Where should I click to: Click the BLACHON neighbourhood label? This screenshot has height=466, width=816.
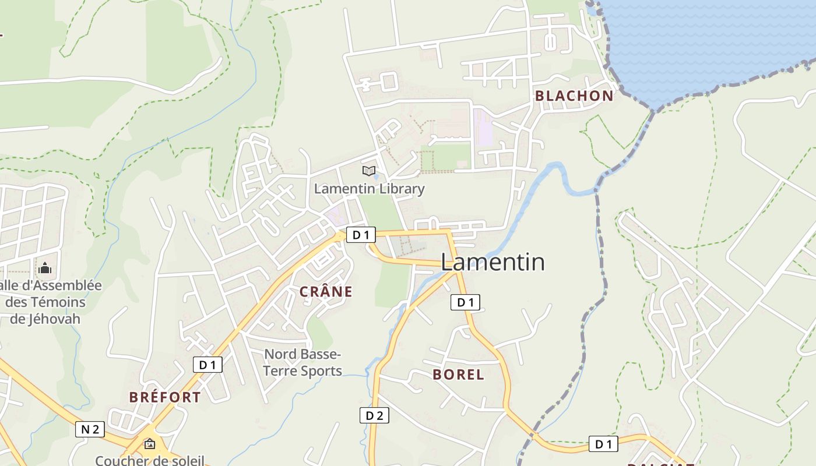(574, 96)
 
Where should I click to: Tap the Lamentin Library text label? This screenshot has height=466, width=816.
(369, 189)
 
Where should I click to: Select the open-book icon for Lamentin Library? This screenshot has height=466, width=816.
(368, 171)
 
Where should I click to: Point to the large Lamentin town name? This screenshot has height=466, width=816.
(493, 262)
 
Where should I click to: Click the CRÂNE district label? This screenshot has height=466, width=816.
(326, 292)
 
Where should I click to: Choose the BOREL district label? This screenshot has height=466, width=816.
(458, 375)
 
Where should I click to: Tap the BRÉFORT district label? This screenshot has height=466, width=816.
(165, 397)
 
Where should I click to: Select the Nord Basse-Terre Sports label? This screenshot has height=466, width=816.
(303, 362)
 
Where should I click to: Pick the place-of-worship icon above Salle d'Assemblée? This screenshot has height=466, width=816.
(45, 269)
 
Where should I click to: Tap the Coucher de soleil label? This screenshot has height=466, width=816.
(150, 460)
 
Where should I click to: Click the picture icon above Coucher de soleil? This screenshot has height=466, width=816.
(150, 444)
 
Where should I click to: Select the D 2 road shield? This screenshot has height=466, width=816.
(374, 415)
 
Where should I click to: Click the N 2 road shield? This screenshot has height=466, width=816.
(90, 429)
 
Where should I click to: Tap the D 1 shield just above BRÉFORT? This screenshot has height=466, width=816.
(207, 365)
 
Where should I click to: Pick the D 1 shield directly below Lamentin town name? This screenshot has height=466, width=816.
(465, 302)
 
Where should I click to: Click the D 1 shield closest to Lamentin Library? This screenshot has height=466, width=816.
(361, 235)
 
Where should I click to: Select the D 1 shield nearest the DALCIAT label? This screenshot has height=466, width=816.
(603, 444)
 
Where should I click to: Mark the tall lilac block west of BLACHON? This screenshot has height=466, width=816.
(483, 127)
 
